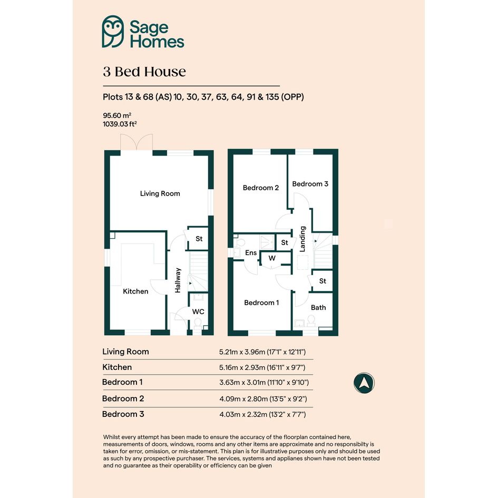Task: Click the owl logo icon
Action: [x=113, y=32]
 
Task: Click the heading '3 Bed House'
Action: [x=144, y=72]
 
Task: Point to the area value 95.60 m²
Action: [x=117, y=115]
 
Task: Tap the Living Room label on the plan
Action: [x=160, y=193]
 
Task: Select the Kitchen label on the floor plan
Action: [x=135, y=291]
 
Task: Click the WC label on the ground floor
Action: [x=198, y=311]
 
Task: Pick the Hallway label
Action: [x=178, y=280]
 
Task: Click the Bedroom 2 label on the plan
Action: [x=261, y=188]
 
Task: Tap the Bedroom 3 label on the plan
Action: [x=310, y=184]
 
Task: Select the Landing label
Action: [x=302, y=239]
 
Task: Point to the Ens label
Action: [x=251, y=253]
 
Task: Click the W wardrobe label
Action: [x=272, y=258]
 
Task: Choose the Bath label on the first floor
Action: [x=318, y=307]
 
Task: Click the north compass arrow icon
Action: [x=364, y=383]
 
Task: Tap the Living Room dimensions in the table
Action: [x=262, y=352]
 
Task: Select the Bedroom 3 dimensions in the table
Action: [x=262, y=414]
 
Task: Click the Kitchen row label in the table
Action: [x=117, y=367]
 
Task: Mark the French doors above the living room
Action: [x=136, y=142]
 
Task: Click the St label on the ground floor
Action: [x=199, y=239]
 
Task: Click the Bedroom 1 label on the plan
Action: [x=261, y=302]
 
